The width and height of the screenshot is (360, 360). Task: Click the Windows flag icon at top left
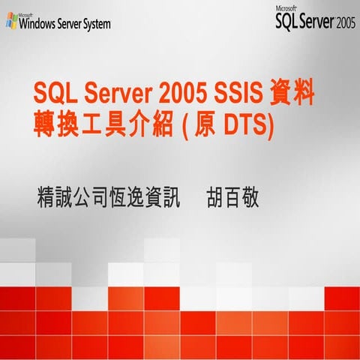click(11, 22)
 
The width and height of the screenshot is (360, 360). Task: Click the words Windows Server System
click(65, 24)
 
